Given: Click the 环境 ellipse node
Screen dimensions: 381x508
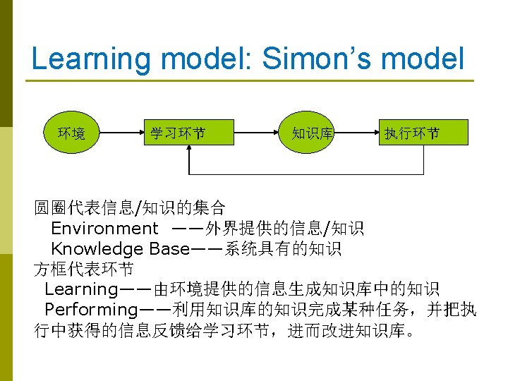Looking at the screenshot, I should tap(71, 132).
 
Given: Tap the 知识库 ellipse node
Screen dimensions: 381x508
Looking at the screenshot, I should tap(313, 132).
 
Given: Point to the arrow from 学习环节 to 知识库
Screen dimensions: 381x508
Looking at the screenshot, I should tap(254, 132).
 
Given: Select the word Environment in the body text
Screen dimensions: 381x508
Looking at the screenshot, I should tap(104, 229).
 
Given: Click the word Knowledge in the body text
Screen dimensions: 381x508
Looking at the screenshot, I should tap(97, 249).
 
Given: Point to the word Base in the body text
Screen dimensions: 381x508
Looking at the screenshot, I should tap(169, 249).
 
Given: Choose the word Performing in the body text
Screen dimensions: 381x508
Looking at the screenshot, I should tap(91, 309).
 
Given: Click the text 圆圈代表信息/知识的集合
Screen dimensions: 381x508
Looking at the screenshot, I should tap(131, 208).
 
